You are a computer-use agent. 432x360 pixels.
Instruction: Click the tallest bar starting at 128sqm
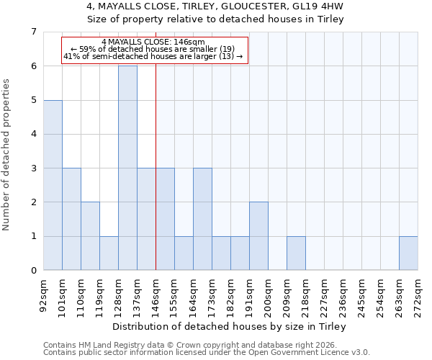(x=127, y=168)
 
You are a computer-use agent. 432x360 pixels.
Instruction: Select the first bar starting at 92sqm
(x=53, y=185)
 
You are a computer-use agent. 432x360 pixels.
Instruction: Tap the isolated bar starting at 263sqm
(x=408, y=253)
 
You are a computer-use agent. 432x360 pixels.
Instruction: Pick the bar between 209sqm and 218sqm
(x=296, y=253)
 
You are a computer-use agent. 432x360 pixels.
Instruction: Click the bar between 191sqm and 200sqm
(x=258, y=235)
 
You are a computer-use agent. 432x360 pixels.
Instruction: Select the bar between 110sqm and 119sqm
(x=90, y=235)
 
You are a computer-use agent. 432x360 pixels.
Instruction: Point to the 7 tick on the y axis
(x=33, y=32)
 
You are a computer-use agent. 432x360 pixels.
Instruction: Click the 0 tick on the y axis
(x=33, y=271)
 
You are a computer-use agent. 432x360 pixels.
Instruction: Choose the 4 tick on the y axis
(x=33, y=134)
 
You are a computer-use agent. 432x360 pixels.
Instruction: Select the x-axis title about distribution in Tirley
(x=230, y=327)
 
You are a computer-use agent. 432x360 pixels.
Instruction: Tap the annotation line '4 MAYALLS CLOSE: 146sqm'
(x=153, y=42)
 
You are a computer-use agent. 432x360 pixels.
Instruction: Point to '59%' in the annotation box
(x=86, y=49)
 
